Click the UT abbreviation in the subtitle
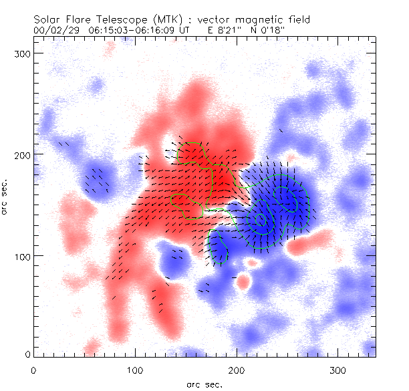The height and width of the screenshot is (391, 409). tap(184, 30)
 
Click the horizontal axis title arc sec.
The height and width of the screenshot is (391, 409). tap(204, 384)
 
